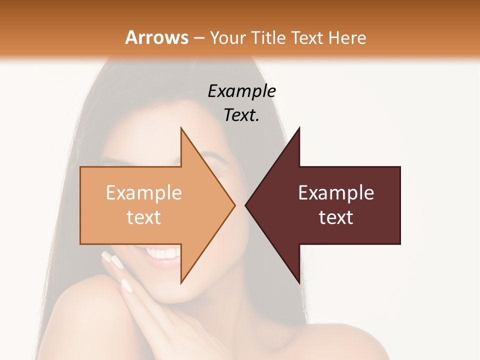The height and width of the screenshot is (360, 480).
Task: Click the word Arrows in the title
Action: click(156, 37)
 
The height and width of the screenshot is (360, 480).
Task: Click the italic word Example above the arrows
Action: click(242, 91)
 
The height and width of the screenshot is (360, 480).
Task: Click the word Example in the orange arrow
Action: click(144, 193)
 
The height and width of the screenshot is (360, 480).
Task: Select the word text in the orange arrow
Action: click(144, 217)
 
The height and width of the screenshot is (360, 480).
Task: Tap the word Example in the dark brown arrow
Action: click(336, 193)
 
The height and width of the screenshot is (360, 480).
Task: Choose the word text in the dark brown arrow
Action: click(336, 217)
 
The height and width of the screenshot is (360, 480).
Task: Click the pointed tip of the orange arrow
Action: click(234, 205)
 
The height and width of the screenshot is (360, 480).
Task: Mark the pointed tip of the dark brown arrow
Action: click(246, 205)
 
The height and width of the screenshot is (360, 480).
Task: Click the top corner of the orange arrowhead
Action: click(181, 128)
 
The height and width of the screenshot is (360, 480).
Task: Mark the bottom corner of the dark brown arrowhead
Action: click(299, 283)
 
